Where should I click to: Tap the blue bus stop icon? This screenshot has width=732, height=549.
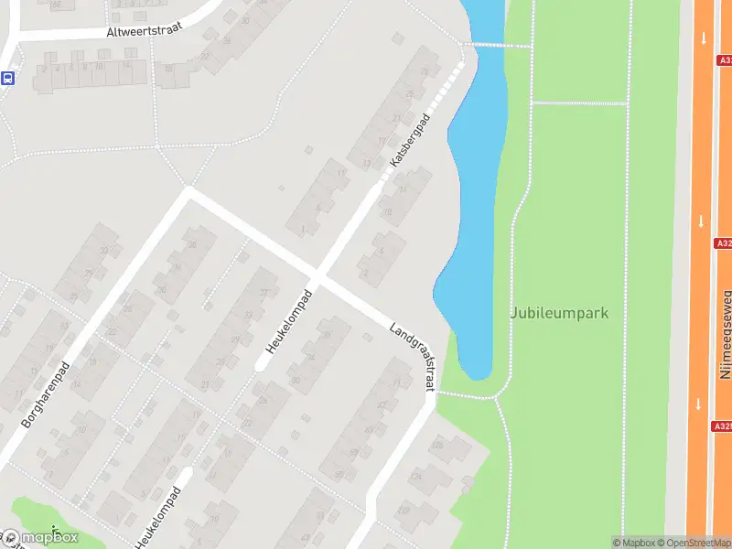7,79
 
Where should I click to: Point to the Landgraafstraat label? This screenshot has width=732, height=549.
413,357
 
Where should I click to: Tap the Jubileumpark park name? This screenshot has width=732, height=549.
559,313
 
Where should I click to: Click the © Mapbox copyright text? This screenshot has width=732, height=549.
634,543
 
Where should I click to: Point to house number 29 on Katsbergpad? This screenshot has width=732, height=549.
409,94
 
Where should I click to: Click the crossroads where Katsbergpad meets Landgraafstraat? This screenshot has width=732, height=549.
318,274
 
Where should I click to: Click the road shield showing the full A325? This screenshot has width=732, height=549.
722,425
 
